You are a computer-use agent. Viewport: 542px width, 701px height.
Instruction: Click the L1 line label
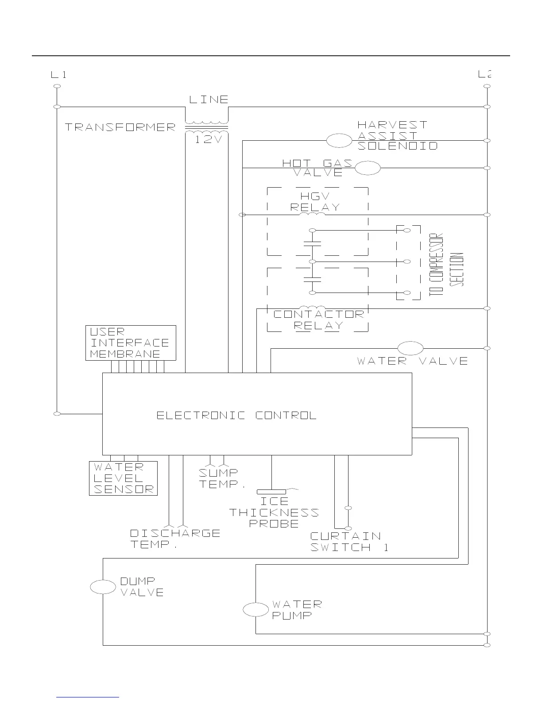click(x=58, y=74)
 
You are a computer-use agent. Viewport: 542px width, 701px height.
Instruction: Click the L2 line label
click(x=485, y=74)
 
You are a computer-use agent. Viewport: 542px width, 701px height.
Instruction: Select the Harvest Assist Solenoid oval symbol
click(x=339, y=141)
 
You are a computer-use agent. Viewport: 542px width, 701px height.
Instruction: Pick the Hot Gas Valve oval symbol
click(x=368, y=168)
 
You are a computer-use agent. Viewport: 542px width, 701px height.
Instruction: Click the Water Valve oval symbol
click(x=410, y=348)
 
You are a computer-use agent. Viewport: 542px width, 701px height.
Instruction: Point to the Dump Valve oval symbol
click(x=103, y=587)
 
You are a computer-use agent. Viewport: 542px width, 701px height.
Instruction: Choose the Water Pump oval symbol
click(x=256, y=610)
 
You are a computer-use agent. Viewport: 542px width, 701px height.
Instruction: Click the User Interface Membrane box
click(x=131, y=343)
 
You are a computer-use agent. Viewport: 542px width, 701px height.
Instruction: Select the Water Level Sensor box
click(x=123, y=478)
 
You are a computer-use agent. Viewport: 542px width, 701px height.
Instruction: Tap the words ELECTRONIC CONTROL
click(x=236, y=415)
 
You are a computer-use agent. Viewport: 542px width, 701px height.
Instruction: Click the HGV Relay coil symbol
click(x=312, y=214)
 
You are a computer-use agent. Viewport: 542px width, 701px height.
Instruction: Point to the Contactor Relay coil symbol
click(x=312, y=308)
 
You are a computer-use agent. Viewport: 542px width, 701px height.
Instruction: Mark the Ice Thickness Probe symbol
click(x=271, y=491)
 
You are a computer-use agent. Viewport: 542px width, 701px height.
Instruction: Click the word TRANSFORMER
click(x=120, y=127)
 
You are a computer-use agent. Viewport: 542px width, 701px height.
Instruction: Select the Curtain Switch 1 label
click(x=349, y=542)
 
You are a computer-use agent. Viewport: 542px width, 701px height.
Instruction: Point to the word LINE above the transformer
click(x=209, y=100)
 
